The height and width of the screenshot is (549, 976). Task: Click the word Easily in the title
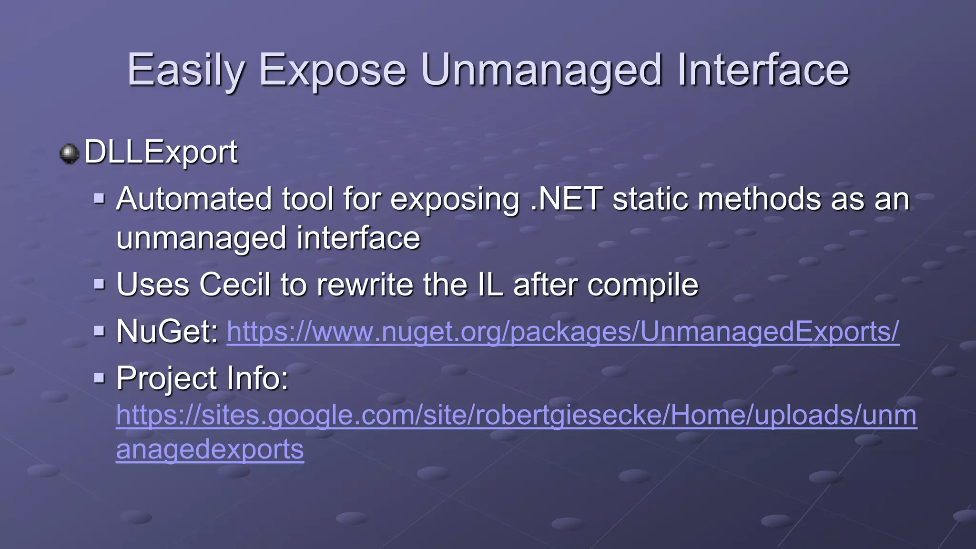185,71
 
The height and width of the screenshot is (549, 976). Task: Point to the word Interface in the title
762,71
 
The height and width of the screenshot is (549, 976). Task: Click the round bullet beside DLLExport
70,153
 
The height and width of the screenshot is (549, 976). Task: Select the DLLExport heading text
161,152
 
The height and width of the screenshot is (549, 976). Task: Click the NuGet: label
167,331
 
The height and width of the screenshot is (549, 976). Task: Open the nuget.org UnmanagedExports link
562,332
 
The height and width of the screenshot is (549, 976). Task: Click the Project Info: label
203,378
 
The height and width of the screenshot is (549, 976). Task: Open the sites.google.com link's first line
516,415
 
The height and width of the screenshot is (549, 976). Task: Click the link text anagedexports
210,449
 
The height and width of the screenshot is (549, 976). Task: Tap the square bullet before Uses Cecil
99,285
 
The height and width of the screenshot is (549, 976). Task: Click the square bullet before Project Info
99,378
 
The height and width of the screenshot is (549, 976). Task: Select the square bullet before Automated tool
99,198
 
